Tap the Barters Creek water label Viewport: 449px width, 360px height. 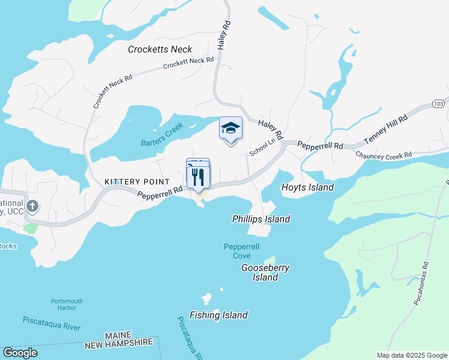click(161, 137)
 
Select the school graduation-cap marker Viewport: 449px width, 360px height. click(231, 129)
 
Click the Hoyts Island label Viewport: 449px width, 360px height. click(307, 187)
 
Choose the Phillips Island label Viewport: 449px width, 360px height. click(261, 219)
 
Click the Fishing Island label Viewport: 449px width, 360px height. click(218, 315)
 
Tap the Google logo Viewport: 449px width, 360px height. click(20, 352)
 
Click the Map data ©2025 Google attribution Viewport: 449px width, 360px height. click(411, 355)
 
